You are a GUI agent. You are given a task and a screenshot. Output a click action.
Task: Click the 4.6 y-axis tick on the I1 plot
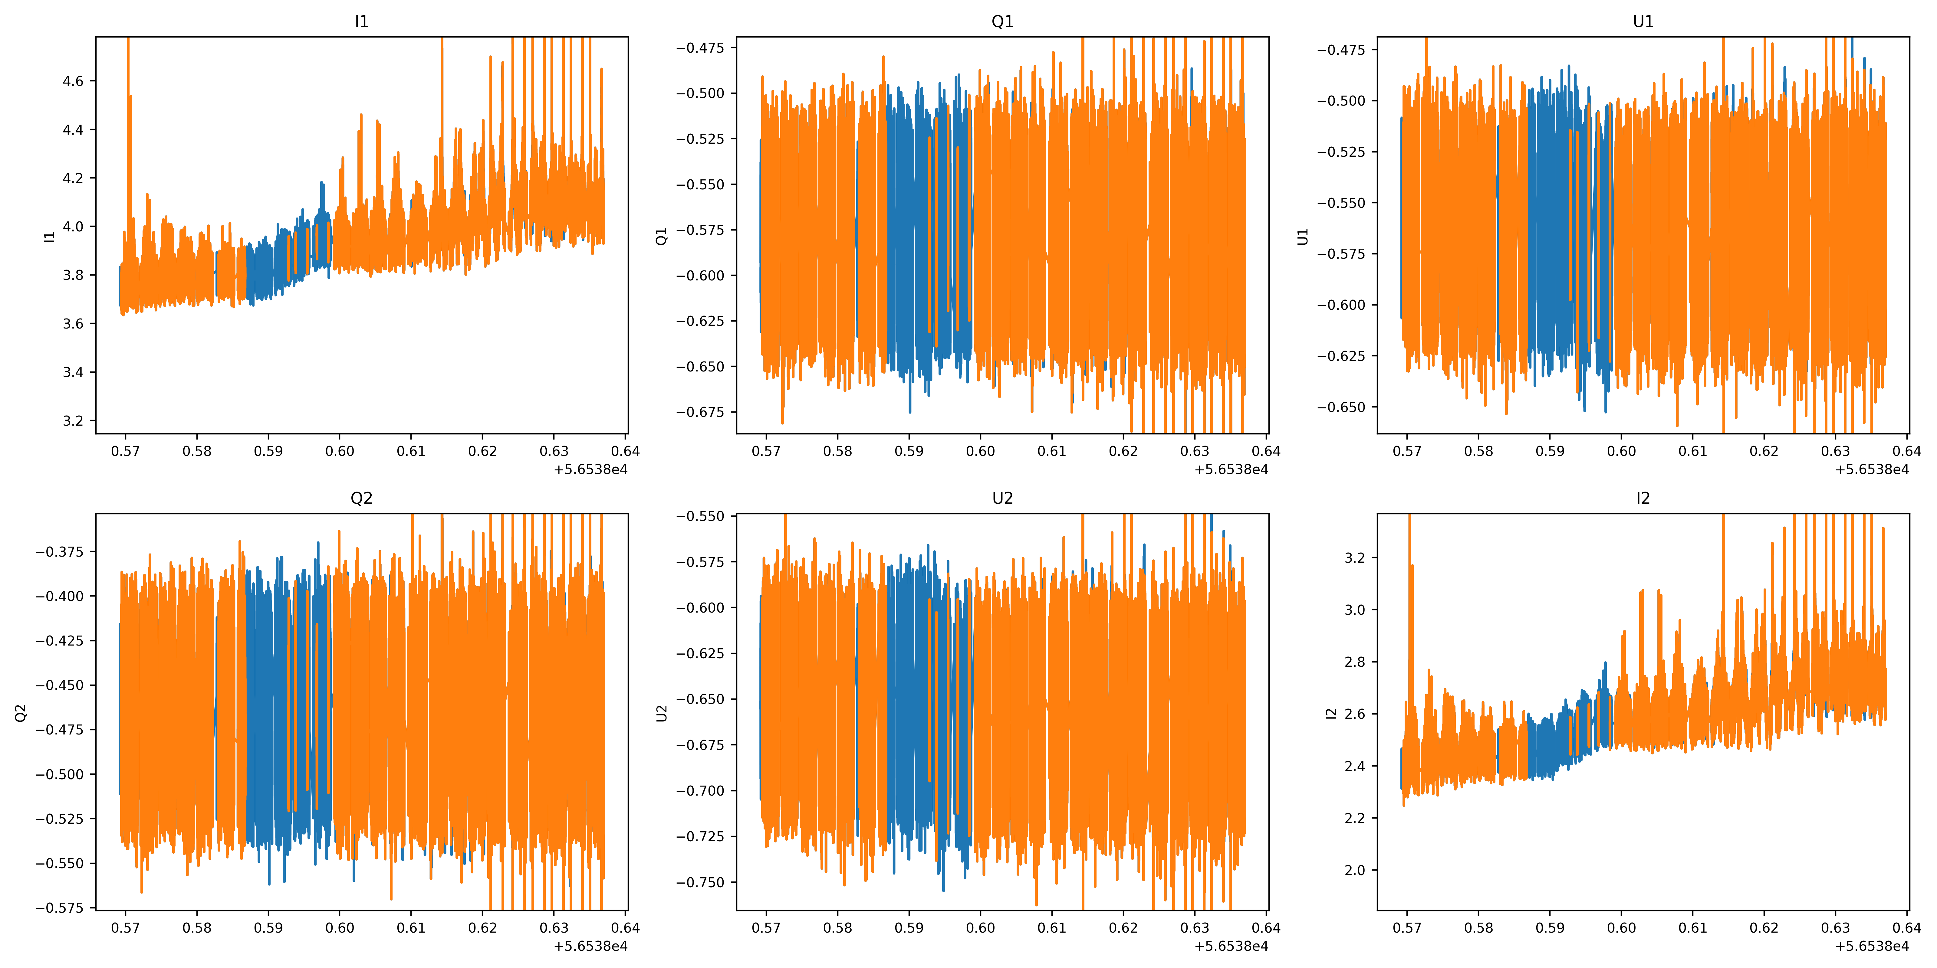pyautogui.click(x=73, y=81)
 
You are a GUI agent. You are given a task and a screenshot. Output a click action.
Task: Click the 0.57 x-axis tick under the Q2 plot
pyautogui.click(x=126, y=927)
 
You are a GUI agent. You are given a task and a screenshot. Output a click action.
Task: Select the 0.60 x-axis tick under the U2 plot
pyautogui.click(x=981, y=927)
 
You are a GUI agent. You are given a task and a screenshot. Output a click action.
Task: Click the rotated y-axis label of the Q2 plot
pyautogui.click(x=21, y=712)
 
